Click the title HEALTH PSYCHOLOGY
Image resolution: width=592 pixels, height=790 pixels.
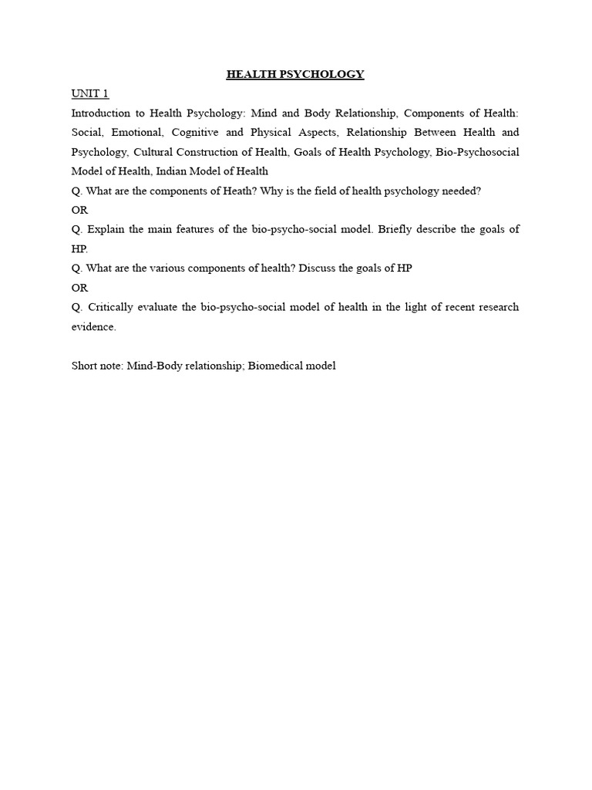click(295, 74)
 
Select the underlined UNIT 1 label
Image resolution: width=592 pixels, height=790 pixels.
click(90, 93)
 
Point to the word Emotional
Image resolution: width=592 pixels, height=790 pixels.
click(136, 132)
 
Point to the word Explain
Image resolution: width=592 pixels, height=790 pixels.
click(106, 229)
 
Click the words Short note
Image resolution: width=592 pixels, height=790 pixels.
click(97, 366)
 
